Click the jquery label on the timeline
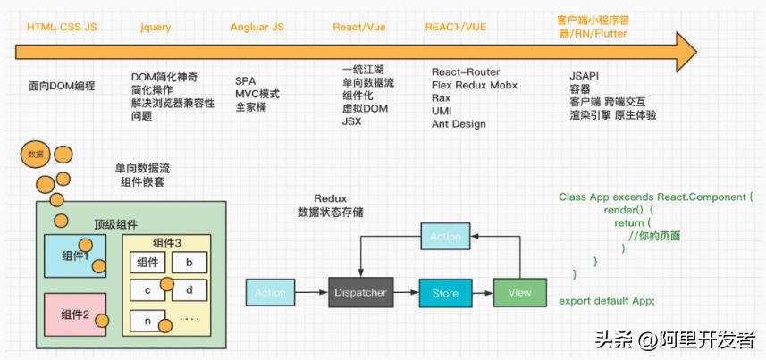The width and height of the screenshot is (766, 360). [156, 28]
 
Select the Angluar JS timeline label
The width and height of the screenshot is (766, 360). [257, 28]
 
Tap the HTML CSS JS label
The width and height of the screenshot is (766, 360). [62, 28]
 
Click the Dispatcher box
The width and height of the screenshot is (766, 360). [360, 292]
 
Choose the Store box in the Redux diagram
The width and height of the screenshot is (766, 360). [445, 293]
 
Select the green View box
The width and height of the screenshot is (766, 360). [518, 292]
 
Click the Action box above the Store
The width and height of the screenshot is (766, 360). [445, 236]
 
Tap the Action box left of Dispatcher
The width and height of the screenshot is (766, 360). [270, 292]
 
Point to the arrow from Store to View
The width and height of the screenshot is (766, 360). [482, 292]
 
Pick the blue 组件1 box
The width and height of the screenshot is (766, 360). [76, 255]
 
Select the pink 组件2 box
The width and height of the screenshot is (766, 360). [76, 314]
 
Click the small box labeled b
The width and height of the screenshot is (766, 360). [189, 263]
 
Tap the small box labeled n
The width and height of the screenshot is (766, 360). [147, 319]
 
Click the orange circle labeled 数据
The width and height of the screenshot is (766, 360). [35, 155]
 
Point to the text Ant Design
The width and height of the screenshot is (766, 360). [459, 124]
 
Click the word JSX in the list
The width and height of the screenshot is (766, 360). [351, 121]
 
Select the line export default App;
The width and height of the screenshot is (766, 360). [607, 300]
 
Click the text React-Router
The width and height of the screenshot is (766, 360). [466, 72]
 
